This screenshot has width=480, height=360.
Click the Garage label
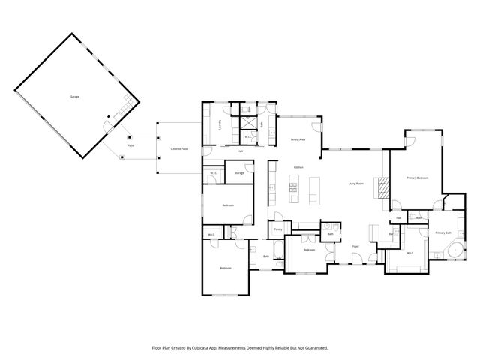[74, 97]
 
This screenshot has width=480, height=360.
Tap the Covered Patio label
[178, 150]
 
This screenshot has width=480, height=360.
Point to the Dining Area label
[298, 139]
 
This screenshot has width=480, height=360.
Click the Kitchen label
[298, 166]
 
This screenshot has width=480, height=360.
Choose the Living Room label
[355, 183]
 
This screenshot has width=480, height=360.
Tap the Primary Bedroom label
[417, 178]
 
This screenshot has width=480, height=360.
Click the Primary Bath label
[442, 232]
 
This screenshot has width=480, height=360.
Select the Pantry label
[277, 229]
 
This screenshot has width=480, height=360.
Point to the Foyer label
[356, 246]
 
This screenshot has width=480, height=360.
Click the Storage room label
[239, 173]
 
